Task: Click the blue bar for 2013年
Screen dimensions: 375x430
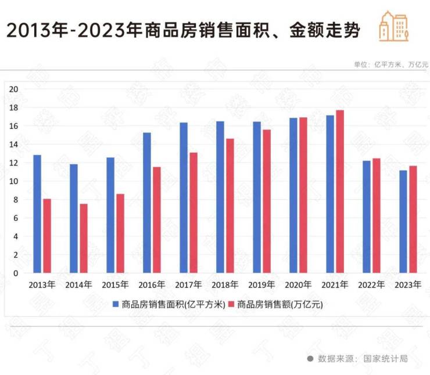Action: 37,214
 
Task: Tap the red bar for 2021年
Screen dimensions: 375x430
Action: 340,192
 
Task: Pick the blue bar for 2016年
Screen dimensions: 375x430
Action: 147,203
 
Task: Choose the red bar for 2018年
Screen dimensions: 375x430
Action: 230,205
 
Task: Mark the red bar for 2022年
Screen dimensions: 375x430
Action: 377,215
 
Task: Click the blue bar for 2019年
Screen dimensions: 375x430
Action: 256,197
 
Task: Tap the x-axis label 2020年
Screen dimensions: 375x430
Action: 298,285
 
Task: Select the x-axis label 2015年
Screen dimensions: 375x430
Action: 115,285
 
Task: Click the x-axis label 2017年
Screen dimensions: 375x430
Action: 188,285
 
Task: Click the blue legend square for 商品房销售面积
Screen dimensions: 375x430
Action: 116,304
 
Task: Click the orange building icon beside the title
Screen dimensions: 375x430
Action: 393,26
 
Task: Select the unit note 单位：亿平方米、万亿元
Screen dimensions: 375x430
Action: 390,64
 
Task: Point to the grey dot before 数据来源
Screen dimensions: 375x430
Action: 310,358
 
